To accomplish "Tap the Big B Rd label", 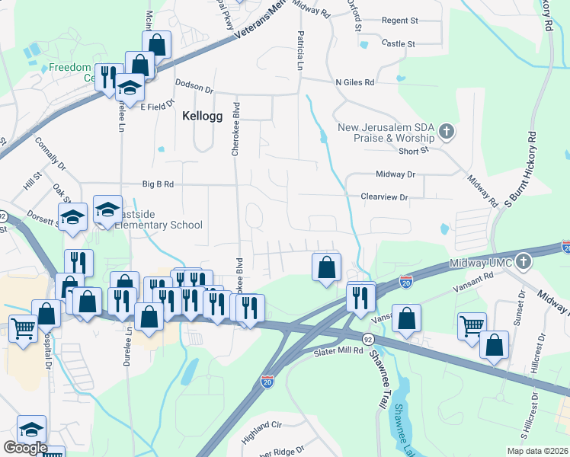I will pos(158,184).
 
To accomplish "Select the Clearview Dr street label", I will pos(385,197).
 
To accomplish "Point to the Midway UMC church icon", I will pos(523,262).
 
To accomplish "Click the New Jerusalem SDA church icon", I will pos(447,133).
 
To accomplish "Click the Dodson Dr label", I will pos(194,88).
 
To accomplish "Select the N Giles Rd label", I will pos(355,81).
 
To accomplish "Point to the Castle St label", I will pos(398,44).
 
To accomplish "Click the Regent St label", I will pos(400,21).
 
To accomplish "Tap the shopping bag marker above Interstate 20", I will pos(326,267).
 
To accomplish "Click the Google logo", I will pos(24,448).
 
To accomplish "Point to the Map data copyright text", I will pos(536,451).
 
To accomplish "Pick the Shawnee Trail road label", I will pos(379,367).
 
